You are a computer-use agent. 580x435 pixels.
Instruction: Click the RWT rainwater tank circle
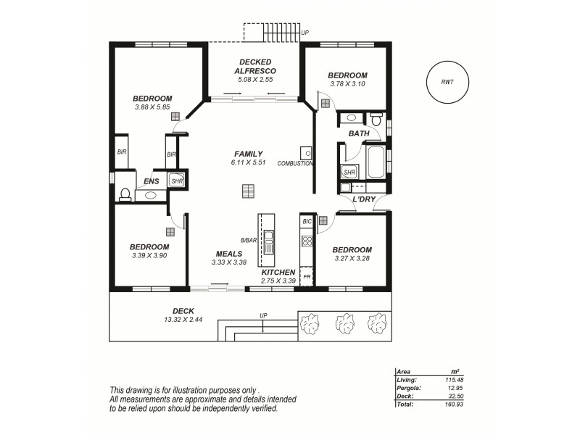447,82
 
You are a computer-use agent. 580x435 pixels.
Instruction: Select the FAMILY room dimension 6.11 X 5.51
248,164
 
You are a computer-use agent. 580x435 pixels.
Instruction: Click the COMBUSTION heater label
295,164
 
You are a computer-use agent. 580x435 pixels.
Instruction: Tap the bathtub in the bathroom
376,162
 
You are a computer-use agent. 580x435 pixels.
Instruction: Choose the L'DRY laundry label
363,199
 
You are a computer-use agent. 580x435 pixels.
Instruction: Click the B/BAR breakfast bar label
249,240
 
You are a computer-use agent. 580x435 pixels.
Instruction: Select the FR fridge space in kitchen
307,277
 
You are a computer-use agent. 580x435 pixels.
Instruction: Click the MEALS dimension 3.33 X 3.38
228,262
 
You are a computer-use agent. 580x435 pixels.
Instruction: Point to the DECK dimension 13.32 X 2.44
163,319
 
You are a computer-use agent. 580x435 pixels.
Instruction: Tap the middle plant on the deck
344,323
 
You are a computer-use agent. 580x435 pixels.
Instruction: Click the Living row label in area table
407,378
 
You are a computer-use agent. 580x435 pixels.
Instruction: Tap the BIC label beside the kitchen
307,220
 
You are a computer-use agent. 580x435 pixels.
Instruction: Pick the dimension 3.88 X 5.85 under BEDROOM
152,107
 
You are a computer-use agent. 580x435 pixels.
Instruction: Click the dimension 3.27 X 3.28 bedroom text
352,258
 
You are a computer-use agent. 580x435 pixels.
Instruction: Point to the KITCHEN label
278,273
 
